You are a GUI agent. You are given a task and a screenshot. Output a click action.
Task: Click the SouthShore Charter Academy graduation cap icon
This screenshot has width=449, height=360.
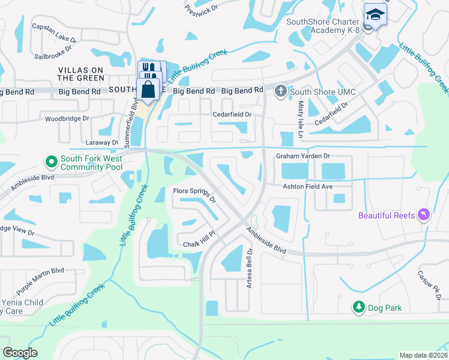click(x=375, y=14)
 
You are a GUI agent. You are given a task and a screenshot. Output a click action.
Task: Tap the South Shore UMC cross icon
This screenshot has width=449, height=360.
click(x=280, y=91)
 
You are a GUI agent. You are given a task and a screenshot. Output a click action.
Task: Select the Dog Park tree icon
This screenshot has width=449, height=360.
click(x=358, y=307)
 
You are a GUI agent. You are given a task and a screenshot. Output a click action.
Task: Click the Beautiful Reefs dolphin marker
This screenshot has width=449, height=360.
click(x=424, y=215)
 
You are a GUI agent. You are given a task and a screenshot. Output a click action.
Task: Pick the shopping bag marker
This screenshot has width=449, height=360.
click(x=148, y=91)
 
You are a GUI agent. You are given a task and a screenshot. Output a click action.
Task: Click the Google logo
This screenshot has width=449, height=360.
click(x=20, y=353)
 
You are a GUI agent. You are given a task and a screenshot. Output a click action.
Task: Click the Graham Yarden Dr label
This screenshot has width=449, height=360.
click(x=303, y=156)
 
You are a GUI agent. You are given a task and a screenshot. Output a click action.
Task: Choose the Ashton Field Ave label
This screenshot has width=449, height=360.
click(x=308, y=187)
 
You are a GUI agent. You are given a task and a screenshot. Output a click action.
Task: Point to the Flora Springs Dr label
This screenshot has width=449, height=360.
click(x=194, y=194)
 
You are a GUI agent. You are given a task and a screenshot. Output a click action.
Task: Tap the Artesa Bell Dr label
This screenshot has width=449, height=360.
click(x=249, y=269)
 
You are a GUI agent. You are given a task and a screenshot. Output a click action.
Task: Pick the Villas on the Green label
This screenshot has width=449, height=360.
click(x=81, y=74)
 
